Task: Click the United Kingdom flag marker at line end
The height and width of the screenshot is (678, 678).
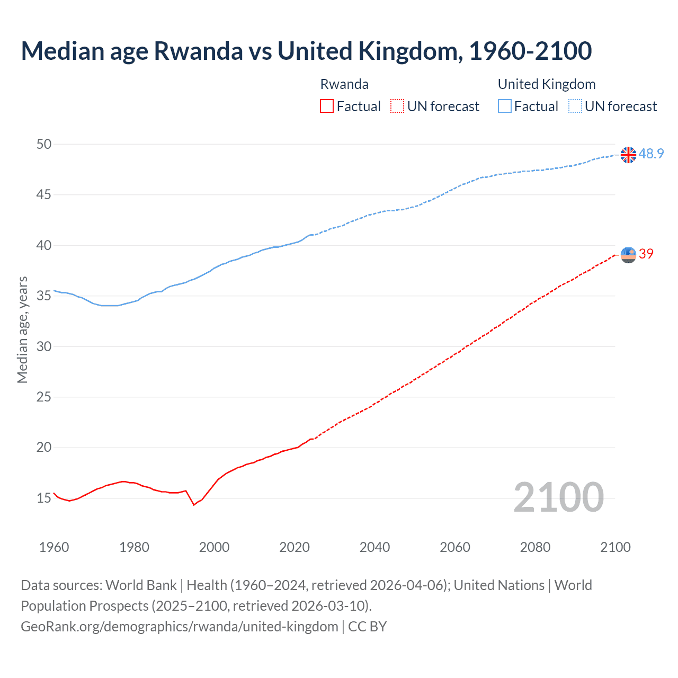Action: (628, 155)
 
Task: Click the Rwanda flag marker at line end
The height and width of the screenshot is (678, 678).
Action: (628, 255)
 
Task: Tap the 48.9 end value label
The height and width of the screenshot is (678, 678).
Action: (651, 154)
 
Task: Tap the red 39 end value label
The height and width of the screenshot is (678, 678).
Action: (646, 254)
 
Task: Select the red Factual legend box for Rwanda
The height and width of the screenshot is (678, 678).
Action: (327, 106)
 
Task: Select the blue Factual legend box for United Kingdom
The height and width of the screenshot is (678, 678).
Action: (505, 106)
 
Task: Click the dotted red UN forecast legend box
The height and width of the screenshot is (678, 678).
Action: (397, 106)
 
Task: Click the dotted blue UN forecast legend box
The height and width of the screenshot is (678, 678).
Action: (575, 106)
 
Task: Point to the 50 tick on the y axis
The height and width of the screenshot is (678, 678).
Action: (44, 144)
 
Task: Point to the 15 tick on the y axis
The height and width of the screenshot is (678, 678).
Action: (44, 498)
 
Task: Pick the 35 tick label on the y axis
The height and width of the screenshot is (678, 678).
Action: (44, 296)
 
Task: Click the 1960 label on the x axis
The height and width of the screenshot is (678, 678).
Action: (54, 547)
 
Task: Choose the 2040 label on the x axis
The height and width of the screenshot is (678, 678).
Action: (374, 547)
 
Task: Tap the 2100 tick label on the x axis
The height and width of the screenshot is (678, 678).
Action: (615, 547)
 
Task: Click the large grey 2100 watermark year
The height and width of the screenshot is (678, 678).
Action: (558, 497)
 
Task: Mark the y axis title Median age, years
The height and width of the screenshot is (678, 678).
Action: (22, 329)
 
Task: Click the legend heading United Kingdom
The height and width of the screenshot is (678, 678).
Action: (547, 84)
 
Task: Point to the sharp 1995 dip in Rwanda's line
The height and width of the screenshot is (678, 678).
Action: (194, 505)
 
